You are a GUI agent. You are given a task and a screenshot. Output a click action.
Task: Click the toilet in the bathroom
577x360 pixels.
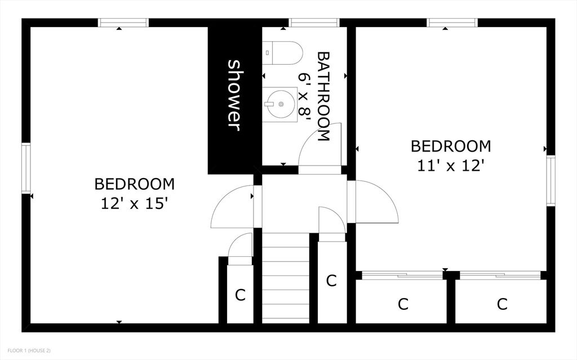(283, 52)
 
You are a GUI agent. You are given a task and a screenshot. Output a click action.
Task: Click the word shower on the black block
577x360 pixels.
(234, 95)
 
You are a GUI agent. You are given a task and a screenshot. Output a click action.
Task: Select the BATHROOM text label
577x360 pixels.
(323, 96)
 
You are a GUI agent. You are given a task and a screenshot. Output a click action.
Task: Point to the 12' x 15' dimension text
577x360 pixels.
(134, 203)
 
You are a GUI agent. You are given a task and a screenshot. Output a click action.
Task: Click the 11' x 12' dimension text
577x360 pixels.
(450, 166)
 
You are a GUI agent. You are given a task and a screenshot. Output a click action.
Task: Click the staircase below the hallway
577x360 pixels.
(286, 278)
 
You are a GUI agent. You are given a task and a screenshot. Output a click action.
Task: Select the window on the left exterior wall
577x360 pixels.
(26, 168)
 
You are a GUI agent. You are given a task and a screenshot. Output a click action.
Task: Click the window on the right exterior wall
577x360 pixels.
(551, 181)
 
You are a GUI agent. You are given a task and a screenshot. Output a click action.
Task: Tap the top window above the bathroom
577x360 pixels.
(314, 23)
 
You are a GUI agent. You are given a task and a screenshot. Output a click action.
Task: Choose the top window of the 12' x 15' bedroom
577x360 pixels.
(123, 23)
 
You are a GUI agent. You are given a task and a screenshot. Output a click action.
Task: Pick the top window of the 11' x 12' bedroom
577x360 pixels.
(452, 23)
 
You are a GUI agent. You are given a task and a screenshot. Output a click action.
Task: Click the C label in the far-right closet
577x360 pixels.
(502, 304)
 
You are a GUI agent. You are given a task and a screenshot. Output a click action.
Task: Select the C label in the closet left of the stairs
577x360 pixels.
(240, 295)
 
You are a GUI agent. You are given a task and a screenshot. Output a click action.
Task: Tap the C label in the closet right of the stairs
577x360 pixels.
(331, 281)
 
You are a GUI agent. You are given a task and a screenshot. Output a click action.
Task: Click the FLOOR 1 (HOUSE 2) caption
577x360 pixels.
(29, 350)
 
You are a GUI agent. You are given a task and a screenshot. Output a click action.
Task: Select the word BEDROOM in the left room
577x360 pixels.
(134, 184)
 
